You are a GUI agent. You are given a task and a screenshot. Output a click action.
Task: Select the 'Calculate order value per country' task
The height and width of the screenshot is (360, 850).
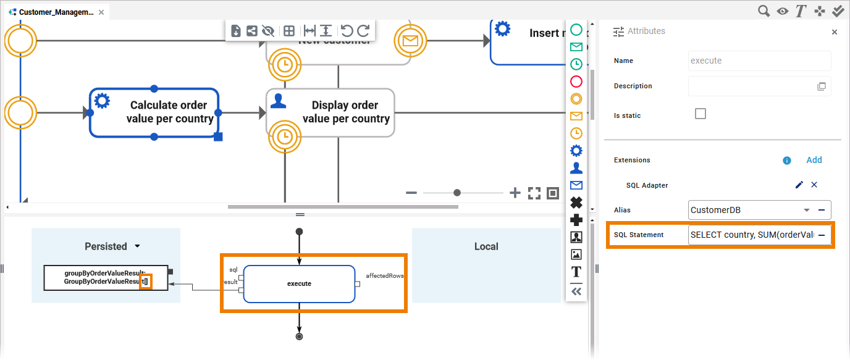[154, 112]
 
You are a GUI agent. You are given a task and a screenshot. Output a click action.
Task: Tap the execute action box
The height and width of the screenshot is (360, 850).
[299, 284]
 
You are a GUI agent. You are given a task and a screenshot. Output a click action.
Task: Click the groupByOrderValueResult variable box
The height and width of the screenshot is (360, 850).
[106, 277]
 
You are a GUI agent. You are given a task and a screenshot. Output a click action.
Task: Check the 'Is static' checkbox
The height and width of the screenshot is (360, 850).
[700, 114]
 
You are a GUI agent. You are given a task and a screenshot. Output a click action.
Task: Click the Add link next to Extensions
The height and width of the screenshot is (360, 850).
[814, 160]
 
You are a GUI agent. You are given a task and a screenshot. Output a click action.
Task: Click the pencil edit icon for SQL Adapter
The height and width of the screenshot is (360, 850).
[799, 185]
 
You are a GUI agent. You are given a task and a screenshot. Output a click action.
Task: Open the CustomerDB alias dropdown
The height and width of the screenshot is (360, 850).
[806, 210]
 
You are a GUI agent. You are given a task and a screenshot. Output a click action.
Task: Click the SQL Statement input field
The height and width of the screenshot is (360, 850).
[752, 235]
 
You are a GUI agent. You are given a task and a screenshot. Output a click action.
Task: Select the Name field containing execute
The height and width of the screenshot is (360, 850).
[759, 61]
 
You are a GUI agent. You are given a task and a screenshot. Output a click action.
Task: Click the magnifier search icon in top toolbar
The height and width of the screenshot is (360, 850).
[764, 10]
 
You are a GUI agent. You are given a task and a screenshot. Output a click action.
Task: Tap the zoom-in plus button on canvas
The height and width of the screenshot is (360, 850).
[515, 193]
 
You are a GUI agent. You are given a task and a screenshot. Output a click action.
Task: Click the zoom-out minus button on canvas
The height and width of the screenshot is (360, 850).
[411, 193]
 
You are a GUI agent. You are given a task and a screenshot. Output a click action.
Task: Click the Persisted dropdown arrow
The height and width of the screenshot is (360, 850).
[137, 246]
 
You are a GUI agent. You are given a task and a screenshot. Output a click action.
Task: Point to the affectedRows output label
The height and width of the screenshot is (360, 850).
[385, 275]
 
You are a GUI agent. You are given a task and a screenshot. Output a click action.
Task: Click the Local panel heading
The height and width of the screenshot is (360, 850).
[486, 246]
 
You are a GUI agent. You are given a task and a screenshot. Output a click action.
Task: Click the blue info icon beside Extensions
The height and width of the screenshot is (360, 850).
[787, 161]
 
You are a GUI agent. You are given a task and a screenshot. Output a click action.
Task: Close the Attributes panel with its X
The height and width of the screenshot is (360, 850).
[835, 31]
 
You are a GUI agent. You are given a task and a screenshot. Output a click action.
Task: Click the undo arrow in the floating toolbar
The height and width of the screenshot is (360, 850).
[347, 31]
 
